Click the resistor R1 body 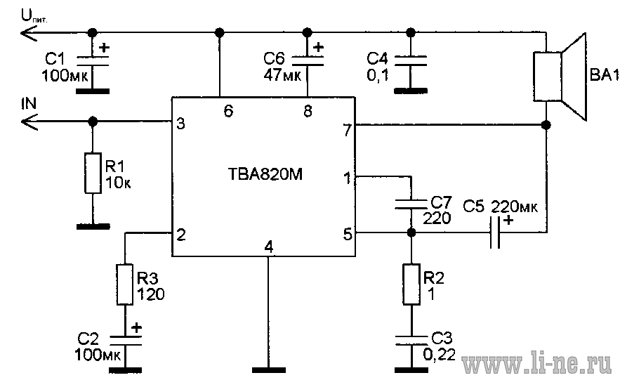coord(93,173)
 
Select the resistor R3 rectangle coord(124,284)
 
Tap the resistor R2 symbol coord(411,284)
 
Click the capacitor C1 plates coord(93,61)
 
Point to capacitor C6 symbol coord(308,61)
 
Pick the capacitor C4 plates coord(411,61)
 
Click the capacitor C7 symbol coord(411,204)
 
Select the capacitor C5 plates coord(495,232)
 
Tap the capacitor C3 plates coord(411,341)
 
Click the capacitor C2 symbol coord(125,341)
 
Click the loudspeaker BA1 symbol coord(560,77)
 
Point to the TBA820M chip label coord(265,174)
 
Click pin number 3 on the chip coord(180,124)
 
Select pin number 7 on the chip coord(347,130)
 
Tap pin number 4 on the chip coord(269,247)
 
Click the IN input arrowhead coord(29,122)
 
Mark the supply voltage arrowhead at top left coord(29,32)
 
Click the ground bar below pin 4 coord(269,370)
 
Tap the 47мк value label coord(282,74)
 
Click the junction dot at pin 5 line coord(411,232)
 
